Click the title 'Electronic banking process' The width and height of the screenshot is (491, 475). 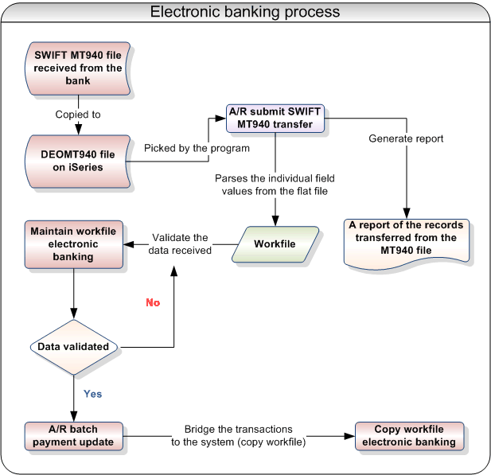point(245,12)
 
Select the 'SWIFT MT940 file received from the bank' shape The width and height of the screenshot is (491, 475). point(78,68)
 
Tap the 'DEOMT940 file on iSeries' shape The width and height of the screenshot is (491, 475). point(78,161)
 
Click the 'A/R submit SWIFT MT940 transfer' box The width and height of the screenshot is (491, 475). point(275,118)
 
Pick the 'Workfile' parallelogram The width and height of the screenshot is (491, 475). point(275,243)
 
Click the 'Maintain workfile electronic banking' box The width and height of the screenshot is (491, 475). point(72,243)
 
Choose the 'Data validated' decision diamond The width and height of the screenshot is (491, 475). point(73,347)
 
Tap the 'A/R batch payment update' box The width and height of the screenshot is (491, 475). point(72,435)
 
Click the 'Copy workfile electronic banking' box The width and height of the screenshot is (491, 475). point(408,435)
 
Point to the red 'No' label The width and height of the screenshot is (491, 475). point(153,302)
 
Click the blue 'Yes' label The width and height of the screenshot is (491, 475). point(93,394)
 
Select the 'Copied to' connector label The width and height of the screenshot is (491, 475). point(78,115)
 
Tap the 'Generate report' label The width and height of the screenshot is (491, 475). point(406,138)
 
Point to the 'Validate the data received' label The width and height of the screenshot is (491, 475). point(181,243)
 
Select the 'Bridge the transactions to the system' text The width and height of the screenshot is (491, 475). point(239,435)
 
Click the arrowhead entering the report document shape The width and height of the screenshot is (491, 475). point(407,213)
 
